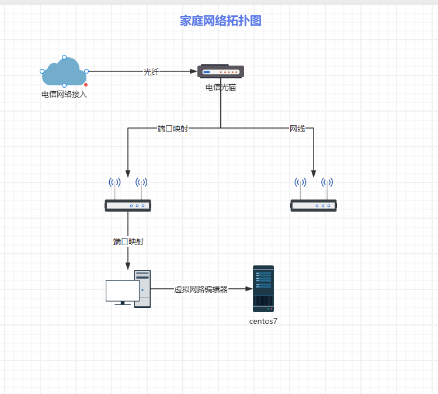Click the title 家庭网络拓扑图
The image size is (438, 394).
(x=221, y=21)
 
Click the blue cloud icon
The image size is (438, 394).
(x=64, y=72)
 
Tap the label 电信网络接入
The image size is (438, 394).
(x=64, y=94)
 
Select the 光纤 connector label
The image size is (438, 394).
(x=151, y=72)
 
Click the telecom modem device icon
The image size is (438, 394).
(x=221, y=71)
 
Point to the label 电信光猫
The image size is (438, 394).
(x=221, y=88)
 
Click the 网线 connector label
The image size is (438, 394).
(x=297, y=129)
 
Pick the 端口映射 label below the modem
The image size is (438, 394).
(x=173, y=129)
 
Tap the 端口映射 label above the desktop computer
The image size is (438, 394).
(x=128, y=241)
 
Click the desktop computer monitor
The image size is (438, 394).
(x=122, y=291)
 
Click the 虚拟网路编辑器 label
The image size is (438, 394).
(x=201, y=289)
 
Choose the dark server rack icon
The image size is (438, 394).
(x=263, y=289)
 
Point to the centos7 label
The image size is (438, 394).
(x=263, y=321)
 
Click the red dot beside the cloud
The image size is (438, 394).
(x=86, y=85)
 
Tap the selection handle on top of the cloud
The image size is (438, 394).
(x=64, y=57)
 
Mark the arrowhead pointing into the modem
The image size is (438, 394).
(x=194, y=71)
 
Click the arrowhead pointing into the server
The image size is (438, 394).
(x=249, y=289)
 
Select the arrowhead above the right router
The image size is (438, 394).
(x=314, y=174)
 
